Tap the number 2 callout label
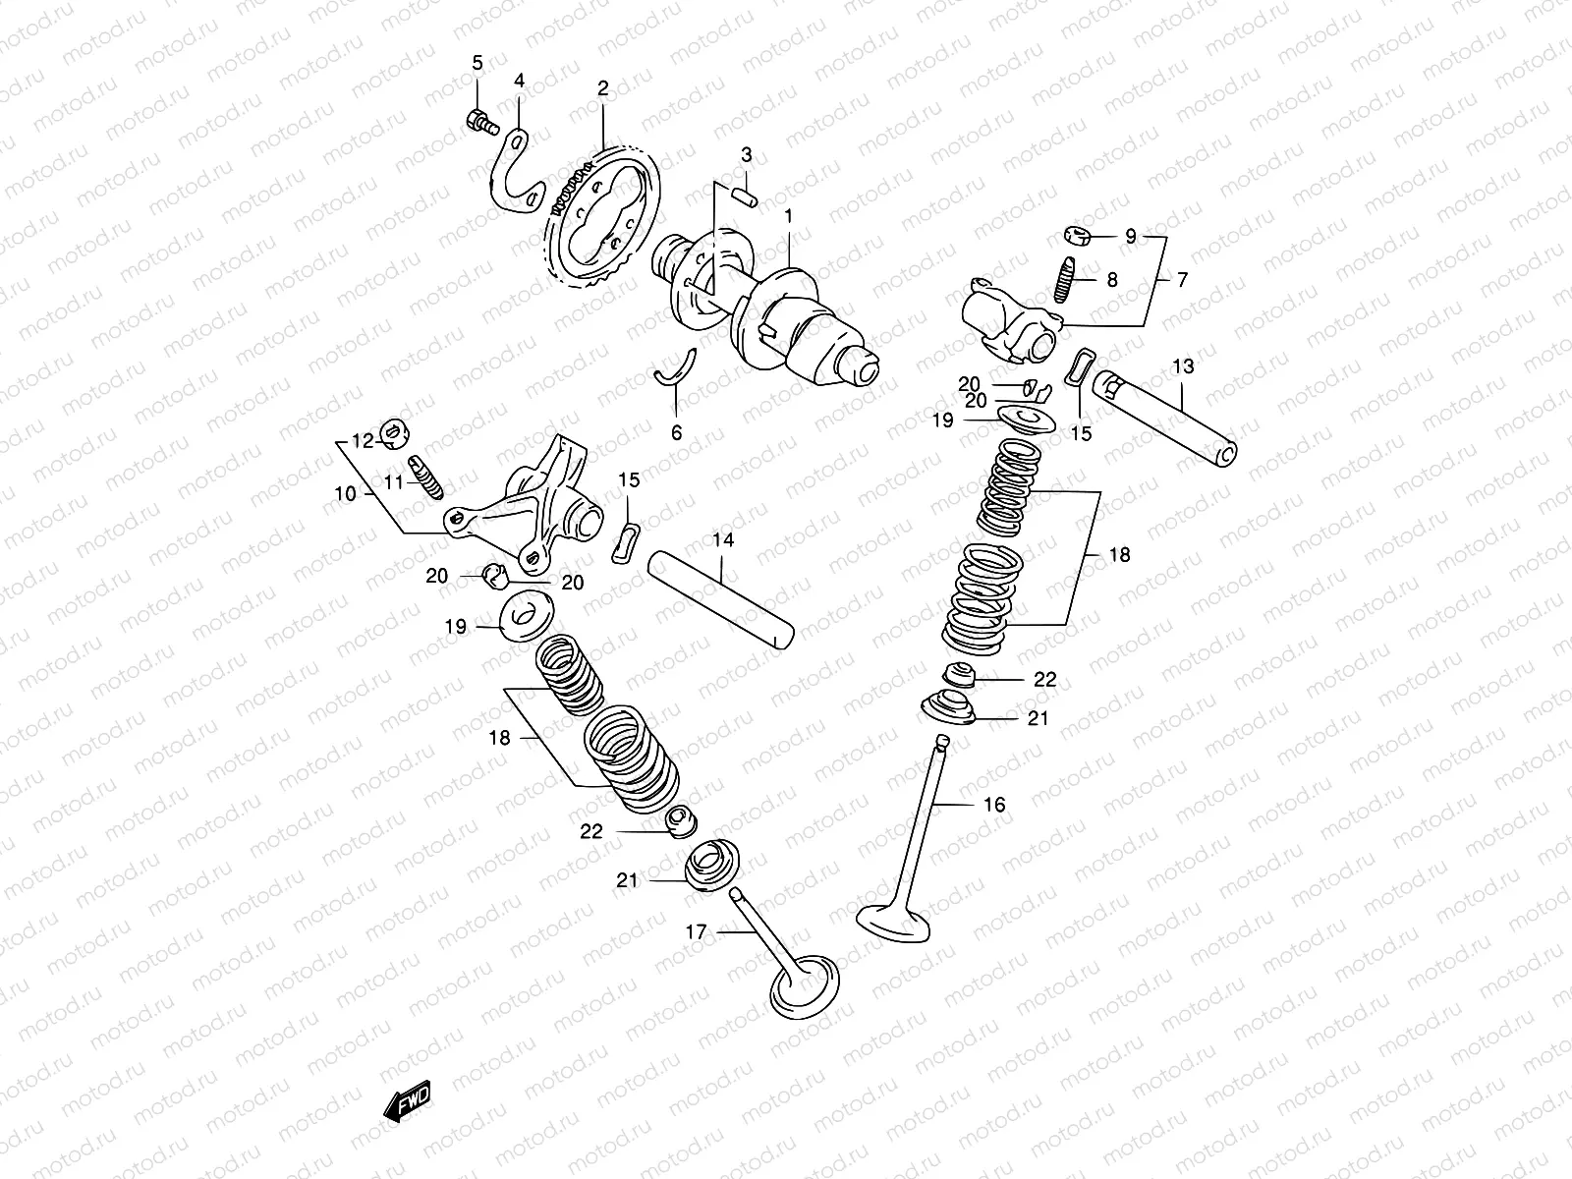(x=602, y=88)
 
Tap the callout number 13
(x=1183, y=366)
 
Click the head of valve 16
(x=895, y=919)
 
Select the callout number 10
(x=345, y=494)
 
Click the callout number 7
(x=1182, y=280)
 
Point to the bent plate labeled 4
(x=515, y=172)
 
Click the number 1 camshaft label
(x=787, y=215)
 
